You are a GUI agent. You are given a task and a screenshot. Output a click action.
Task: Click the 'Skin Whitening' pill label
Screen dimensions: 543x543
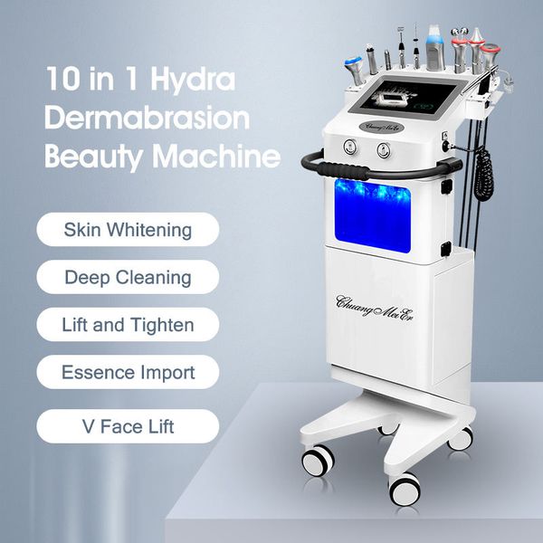tap(128, 229)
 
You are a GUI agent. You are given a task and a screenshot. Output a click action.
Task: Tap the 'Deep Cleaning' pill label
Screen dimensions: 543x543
tap(128, 277)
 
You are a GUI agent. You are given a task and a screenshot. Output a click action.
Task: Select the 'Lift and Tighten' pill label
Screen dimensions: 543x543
tap(128, 324)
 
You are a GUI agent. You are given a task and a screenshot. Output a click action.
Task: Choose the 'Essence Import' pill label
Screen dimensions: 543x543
tap(128, 372)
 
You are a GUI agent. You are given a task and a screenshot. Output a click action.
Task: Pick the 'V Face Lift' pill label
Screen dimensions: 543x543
tap(128, 425)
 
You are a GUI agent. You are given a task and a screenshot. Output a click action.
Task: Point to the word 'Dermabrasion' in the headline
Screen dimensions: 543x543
tap(147, 118)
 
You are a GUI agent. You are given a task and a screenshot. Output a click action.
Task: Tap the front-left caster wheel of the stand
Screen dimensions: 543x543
tap(318, 459)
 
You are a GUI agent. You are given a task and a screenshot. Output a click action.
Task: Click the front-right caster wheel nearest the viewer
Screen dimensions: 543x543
tap(405, 488)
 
